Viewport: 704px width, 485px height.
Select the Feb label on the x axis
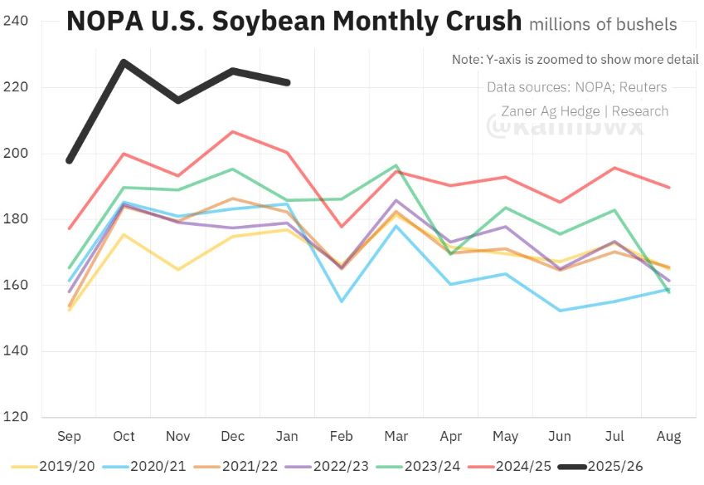pyautogui.click(x=342, y=435)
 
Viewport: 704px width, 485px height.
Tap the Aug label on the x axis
pyautogui.click(x=669, y=435)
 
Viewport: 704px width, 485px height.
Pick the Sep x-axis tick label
pyautogui.click(x=70, y=435)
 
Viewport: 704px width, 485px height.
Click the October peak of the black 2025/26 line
pyautogui.click(x=124, y=61)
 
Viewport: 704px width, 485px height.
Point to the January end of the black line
pyautogui.click(x=288, y=82)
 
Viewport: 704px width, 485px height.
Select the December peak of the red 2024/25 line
pyautogui.click(x=233, y=132)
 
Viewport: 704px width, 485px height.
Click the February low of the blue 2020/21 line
pyautogui.click(x=342, y=301)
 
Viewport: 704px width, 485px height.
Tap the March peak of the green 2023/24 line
pyautogui.click(x=396, y=166)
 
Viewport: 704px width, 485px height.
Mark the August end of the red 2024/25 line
pyautogui.click(x=669, y=188)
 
